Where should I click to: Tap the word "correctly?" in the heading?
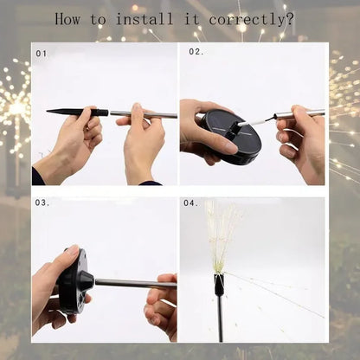click(256, 18)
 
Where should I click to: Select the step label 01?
click(42, 53)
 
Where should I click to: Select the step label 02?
click(196, 52)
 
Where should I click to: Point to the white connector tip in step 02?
click(260, 120)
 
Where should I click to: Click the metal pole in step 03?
click(130, 283)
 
